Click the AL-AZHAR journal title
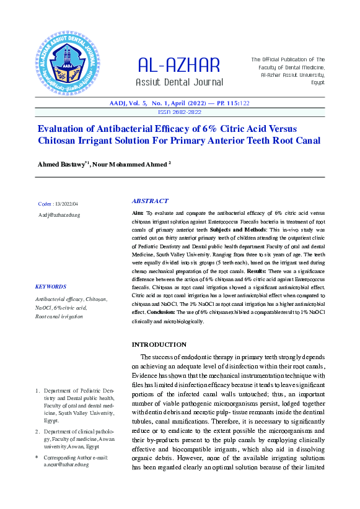178,64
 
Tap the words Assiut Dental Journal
178,82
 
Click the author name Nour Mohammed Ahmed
130,164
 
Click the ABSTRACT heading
150,201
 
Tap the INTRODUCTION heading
159,344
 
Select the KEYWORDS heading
51,287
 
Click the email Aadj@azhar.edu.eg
59,215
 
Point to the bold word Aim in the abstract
137,212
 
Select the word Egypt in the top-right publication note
318,82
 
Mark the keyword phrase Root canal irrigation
59,316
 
